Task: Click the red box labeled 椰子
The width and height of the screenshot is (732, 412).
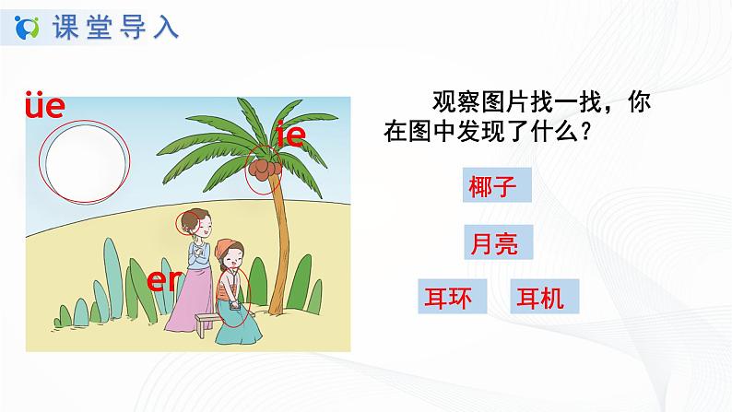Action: click(499, 188)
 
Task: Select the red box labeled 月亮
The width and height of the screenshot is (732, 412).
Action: click(499, 243)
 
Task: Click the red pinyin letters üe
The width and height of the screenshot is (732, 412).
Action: click(43, 107)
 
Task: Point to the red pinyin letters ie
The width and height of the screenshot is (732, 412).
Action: click(290, 135)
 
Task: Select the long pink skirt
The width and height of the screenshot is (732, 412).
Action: click(189, 295)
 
